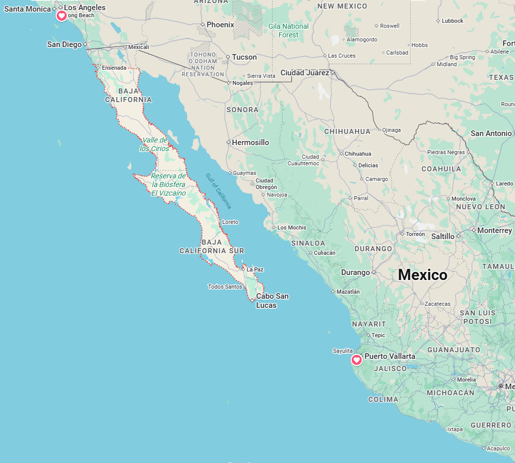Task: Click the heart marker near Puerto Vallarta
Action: point(357,360)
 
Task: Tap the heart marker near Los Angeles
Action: point(61,16)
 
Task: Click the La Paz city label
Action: point(255,269)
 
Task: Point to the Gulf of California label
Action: point(219,191)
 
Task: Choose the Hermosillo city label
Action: point(250,143)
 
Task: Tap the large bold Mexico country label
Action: point(422,275)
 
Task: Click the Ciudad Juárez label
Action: point(305,73)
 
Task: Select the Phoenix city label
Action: point(220,25)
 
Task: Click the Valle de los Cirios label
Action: point(155,144)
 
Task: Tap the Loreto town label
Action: point(230,222)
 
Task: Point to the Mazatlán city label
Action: point(349,292)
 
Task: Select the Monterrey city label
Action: point(495,230)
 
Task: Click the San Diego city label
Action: point(64,44)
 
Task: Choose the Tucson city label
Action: point(244,57)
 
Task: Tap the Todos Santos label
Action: point(225,287)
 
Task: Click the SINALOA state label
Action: point(308,243)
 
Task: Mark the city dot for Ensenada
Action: point(98,68)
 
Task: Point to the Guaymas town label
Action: point(244,173)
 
